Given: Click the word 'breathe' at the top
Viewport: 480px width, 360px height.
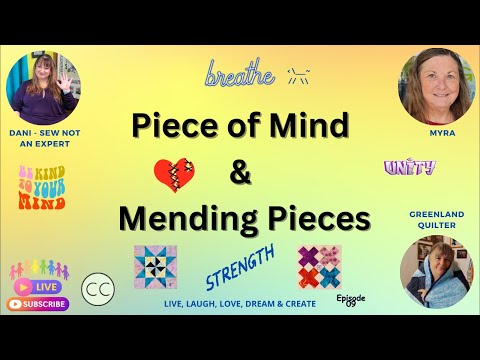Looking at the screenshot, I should (x=239, y=73).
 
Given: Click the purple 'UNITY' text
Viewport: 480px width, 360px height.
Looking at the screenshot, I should (x=409, y=168).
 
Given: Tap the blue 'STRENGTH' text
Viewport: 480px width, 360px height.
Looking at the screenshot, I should (x=240, y=269).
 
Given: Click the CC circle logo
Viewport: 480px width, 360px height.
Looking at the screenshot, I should (x=96, y=287).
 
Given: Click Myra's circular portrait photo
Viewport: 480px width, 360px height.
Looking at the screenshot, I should (x=436, y=84).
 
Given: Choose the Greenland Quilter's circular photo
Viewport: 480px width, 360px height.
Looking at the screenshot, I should (x=436, y=271).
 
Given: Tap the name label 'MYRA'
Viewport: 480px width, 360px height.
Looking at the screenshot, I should (x=436, y=130).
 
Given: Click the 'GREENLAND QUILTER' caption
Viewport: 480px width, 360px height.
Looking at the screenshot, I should (x=436, y=220).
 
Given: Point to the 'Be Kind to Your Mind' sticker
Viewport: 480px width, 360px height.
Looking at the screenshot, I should (x=41, y=188).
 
